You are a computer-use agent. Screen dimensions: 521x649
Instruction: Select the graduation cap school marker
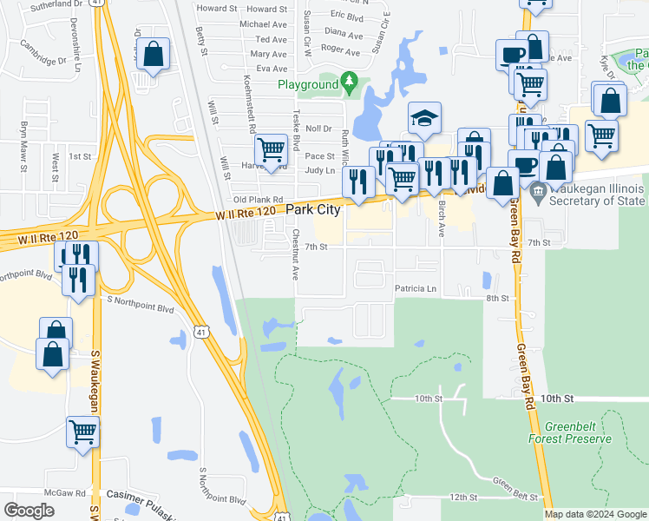[x=425, y=119]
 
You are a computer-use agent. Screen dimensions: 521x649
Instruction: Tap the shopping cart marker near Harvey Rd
[x=272, y=148]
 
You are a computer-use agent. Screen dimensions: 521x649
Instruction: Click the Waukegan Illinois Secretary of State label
[x=594, y=195]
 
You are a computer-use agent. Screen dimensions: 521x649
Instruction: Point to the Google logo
[x=29, y=511]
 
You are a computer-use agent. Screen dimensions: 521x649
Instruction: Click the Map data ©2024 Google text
[x=596, y=514]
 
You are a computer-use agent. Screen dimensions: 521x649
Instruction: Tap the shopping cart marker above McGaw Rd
[x=83, y=431]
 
